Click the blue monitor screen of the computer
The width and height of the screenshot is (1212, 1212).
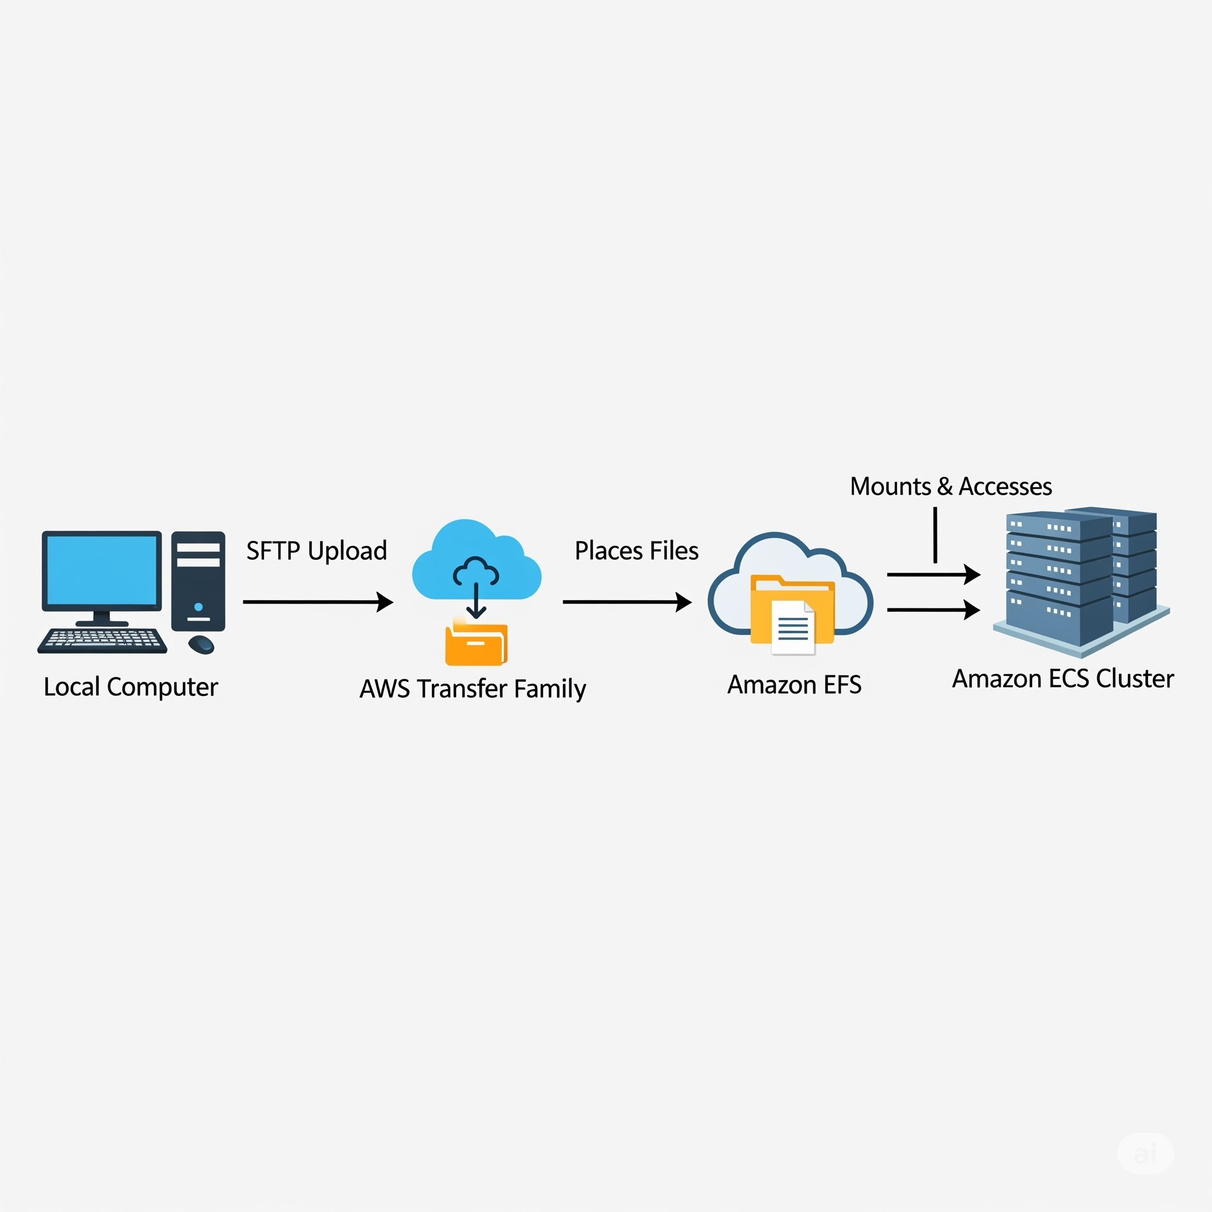[102, 570]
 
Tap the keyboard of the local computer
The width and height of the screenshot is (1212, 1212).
[102, 640]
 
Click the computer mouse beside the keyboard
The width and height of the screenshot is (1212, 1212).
[201, 644]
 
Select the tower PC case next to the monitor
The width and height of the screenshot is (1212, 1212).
[198, 581]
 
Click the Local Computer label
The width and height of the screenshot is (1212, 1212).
[130, 687]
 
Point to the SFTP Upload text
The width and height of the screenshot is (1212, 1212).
[316, 551]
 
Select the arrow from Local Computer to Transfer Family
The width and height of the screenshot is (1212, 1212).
[317, 602]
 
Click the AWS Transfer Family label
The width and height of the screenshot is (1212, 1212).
[472, 689]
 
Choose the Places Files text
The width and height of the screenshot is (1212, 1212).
[636, 551]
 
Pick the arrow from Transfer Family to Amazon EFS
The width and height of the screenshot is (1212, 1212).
[626, 602]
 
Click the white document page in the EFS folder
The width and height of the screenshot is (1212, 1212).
[793, 628]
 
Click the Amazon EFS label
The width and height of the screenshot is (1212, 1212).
[794, 685]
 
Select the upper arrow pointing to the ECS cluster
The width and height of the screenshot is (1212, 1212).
[932, 574]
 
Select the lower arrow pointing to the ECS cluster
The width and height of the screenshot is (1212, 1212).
[932, 609]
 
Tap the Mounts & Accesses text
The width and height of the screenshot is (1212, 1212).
[950, 487]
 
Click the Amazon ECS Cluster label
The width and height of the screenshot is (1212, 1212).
[1063, 679]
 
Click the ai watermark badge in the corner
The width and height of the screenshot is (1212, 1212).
[1145, 1153]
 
